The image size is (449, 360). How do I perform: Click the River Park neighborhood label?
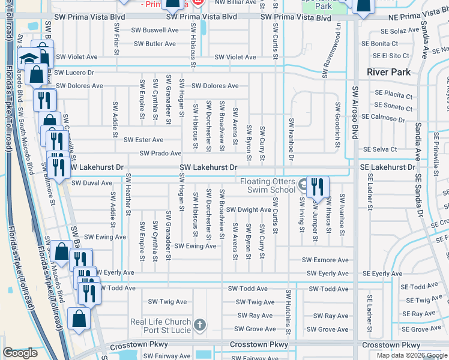pos(389,72)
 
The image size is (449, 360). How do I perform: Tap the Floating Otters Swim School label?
pos(268,185)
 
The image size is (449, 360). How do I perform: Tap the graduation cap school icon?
pos(28,59)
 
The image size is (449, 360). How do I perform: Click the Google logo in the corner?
pos(20,353)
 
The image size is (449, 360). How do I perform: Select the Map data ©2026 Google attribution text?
pos(411,355)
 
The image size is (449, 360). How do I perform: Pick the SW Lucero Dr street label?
pos(74,72)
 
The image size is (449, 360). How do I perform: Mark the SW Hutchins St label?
pos(289,312)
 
